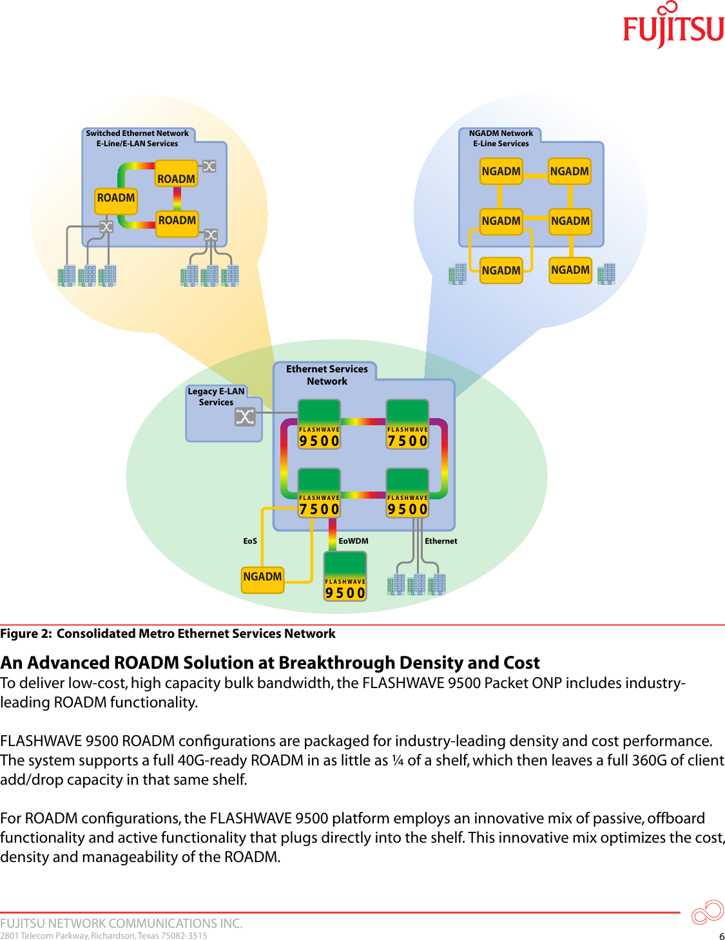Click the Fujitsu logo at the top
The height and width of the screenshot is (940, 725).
click(x=673, y=26)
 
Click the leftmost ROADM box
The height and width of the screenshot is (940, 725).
click(x=116, y=198)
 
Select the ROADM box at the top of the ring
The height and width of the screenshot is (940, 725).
click(x=176, y=178)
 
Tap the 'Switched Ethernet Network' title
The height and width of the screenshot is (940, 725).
click(x=137, y=133)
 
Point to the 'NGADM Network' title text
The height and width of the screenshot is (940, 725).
click(x=501, y=133)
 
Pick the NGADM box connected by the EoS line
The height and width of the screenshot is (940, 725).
click(x=262, y=577)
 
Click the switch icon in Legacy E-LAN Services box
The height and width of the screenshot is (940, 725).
click(x=245, y=417)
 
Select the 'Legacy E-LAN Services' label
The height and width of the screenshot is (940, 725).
click(x=216, y=396)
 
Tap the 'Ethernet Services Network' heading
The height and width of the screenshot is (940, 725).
click(x=327, y=375)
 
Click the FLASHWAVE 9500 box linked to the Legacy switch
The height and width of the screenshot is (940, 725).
click(x=319, y=425)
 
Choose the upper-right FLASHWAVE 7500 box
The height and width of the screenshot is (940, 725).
click(x=407, y=425)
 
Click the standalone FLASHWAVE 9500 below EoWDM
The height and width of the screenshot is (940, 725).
click(x=345, y=577)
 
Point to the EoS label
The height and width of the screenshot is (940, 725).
click(x=250, y=541)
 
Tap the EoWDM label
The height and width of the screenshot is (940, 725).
click(x=353, y=541)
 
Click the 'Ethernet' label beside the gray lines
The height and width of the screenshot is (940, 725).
click(x=441, y=541)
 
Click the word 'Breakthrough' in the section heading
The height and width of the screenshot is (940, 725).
click(x=337, y=663)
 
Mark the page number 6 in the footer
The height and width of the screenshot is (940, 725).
click(x=722, y=936)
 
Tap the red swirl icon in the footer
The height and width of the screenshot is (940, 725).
click(x=707, y=912)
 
